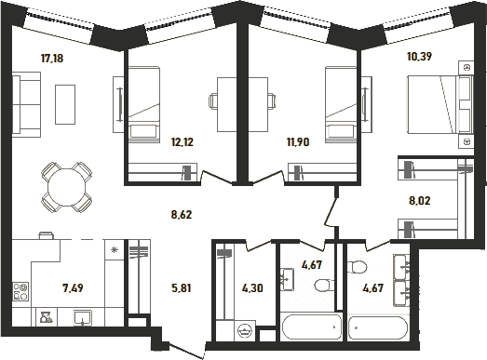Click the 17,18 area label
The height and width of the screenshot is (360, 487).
tap(52, 58)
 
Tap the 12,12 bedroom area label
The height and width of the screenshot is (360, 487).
tap(183, 142)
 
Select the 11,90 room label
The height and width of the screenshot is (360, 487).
tap(298, 142)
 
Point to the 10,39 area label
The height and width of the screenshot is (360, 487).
tap(419, 57)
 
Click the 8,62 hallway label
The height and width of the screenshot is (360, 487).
tap(182, 215)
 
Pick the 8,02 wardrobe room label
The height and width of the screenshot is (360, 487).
tap(420, 201)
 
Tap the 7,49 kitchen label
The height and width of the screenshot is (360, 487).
tap(73, 288)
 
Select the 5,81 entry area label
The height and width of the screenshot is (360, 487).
tap(181, 288)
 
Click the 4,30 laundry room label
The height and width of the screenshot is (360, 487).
tap(252, 288)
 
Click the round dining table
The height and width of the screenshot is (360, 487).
tap(66, 187)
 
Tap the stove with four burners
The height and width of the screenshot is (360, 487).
tap(20, 291)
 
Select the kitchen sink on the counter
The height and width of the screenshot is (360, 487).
tap(83, 318)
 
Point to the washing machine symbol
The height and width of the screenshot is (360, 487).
tap(246, 331)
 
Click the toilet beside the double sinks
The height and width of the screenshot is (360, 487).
tap(358, 267)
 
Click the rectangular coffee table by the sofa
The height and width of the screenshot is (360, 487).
tap(65, 104)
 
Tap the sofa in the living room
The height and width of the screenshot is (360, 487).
tap(26, 104)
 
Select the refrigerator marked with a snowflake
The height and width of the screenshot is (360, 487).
tap(115, 250)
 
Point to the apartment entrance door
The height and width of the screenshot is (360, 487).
tap(187, 350)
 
